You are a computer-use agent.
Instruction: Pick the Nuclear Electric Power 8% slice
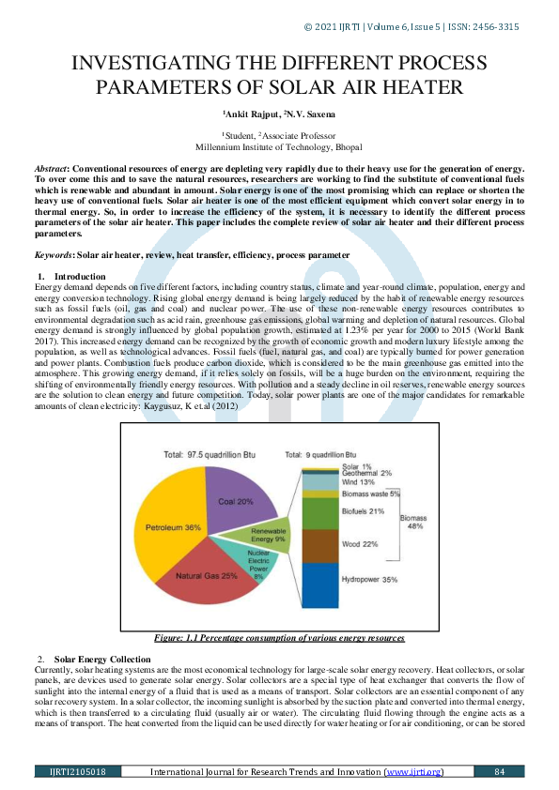[x=258, y=564]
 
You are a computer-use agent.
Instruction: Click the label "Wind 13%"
[x=358, y=482]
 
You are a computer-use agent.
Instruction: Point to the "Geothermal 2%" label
[x=366, y=474]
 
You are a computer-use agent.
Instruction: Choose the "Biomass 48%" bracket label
[x=413, y=522]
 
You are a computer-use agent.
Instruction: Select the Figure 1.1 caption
[x=280, y=638]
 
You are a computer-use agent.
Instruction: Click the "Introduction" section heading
[x=80, y=277]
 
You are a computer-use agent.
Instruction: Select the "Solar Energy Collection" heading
[x=101, y=659]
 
